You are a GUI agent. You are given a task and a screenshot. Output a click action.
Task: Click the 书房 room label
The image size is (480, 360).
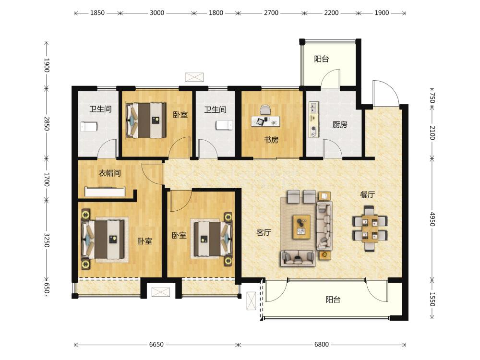click(x=271, y=140)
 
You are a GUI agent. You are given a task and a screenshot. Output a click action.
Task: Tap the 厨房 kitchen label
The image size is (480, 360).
click(x=340, y=125)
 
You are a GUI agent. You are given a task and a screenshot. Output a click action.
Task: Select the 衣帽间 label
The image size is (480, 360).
click(x=109, y=173)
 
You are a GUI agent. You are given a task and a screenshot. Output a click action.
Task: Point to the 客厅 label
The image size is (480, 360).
click(x=264, y=233)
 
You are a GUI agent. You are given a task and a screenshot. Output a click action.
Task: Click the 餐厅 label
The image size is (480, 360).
click(x=367, y=194)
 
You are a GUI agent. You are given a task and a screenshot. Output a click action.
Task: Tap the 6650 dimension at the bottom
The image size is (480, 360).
click(x=156, y=344)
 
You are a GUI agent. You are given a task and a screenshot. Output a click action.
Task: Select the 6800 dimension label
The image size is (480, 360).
click(x=322, y=344)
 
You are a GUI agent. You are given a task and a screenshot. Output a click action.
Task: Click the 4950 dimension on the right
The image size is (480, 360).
click(x=432, y=219)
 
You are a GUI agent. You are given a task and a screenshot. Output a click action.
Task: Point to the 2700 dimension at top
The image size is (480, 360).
click(x=271, y=13)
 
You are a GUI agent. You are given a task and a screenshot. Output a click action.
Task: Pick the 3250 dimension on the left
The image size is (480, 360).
click(x=47, y=240)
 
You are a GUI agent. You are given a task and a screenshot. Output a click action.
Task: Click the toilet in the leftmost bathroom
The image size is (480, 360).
click(x=89, y=126)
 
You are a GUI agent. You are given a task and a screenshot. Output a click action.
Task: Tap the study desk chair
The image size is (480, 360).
click(x=266, y=110)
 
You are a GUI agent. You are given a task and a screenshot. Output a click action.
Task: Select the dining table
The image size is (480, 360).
click(x=370, y=228)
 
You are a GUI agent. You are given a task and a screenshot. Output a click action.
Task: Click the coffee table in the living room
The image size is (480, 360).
click(x=301, y=227)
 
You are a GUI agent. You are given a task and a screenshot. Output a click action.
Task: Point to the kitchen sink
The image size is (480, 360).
click(x=313, y=107)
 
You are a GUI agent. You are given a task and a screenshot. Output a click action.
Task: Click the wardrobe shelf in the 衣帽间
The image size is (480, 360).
click(x=105, y=192)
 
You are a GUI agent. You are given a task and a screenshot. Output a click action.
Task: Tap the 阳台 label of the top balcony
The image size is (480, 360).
click(x=322, y=59)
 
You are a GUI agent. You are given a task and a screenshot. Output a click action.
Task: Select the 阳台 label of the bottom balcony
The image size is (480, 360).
click(x=333, y=300)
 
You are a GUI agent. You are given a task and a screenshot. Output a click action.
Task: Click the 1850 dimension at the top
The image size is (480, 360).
click(x=97, y=13)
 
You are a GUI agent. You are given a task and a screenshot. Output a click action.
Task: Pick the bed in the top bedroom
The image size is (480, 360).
click(x=146, y=120)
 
